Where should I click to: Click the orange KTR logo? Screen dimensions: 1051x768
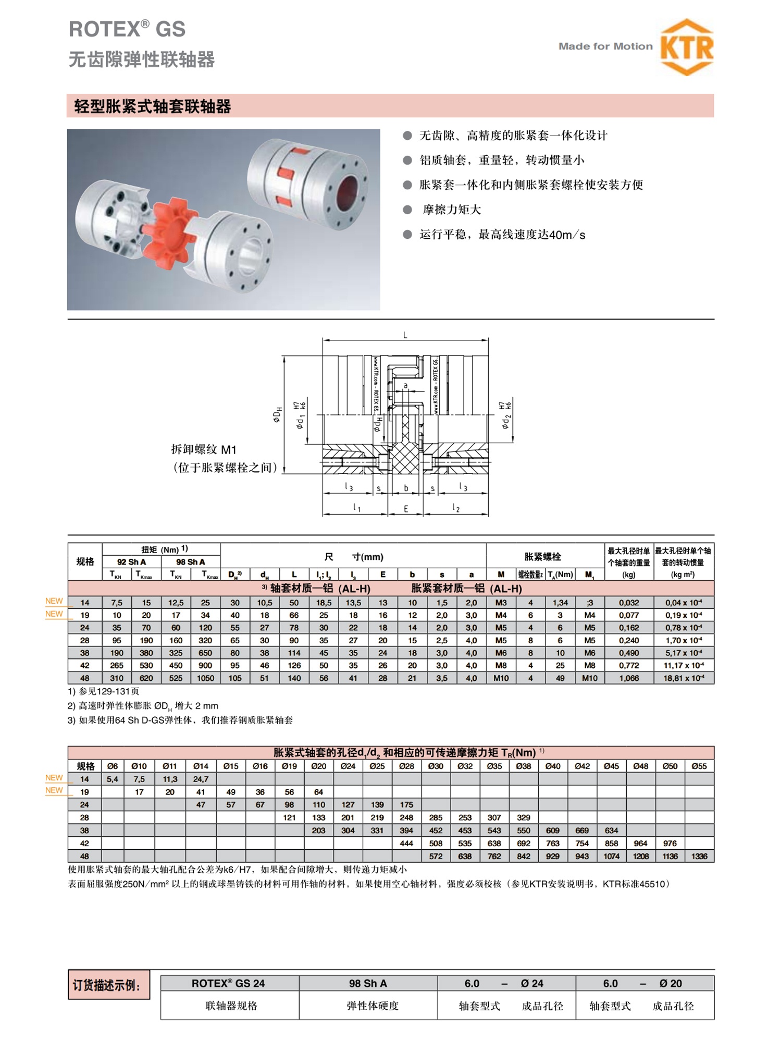687,47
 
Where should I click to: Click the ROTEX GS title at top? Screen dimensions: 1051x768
127,29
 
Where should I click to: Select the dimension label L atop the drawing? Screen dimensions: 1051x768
405,335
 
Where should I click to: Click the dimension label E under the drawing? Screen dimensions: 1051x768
406,509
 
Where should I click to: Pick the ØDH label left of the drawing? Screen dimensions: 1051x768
278,414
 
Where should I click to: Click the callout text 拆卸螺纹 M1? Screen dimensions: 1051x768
204,449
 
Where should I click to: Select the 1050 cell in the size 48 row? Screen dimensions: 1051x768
205,678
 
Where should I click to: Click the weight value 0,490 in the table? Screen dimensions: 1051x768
629,653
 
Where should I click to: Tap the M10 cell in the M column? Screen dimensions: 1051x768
501,678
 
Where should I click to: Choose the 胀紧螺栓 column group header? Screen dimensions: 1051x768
542,557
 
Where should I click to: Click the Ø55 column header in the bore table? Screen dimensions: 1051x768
699,766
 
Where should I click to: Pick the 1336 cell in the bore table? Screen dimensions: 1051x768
699,856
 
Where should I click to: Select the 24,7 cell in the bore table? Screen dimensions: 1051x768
201,779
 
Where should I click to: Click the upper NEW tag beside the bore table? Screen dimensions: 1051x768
54,777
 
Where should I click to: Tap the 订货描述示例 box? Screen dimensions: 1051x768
108,985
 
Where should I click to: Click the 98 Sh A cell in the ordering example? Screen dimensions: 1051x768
368,983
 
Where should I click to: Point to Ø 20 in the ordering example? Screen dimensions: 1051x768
670,983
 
